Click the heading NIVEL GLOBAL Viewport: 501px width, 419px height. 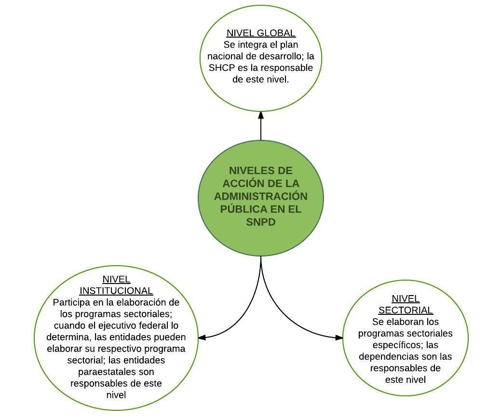[261, 33]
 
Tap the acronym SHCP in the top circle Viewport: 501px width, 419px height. [222, 68]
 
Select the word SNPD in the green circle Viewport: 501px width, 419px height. [261, 222]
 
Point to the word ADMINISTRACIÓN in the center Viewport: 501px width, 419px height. [261, 196]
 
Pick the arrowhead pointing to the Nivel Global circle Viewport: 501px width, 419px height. [261, 115]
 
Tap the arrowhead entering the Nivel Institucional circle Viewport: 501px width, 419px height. [202, 338]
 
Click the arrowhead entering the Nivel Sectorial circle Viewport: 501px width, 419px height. [339, 338]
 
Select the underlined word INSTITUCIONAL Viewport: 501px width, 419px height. [116, 291]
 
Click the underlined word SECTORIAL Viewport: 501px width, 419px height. [406, 310]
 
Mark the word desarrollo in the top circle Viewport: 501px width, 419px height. [280, 56]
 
